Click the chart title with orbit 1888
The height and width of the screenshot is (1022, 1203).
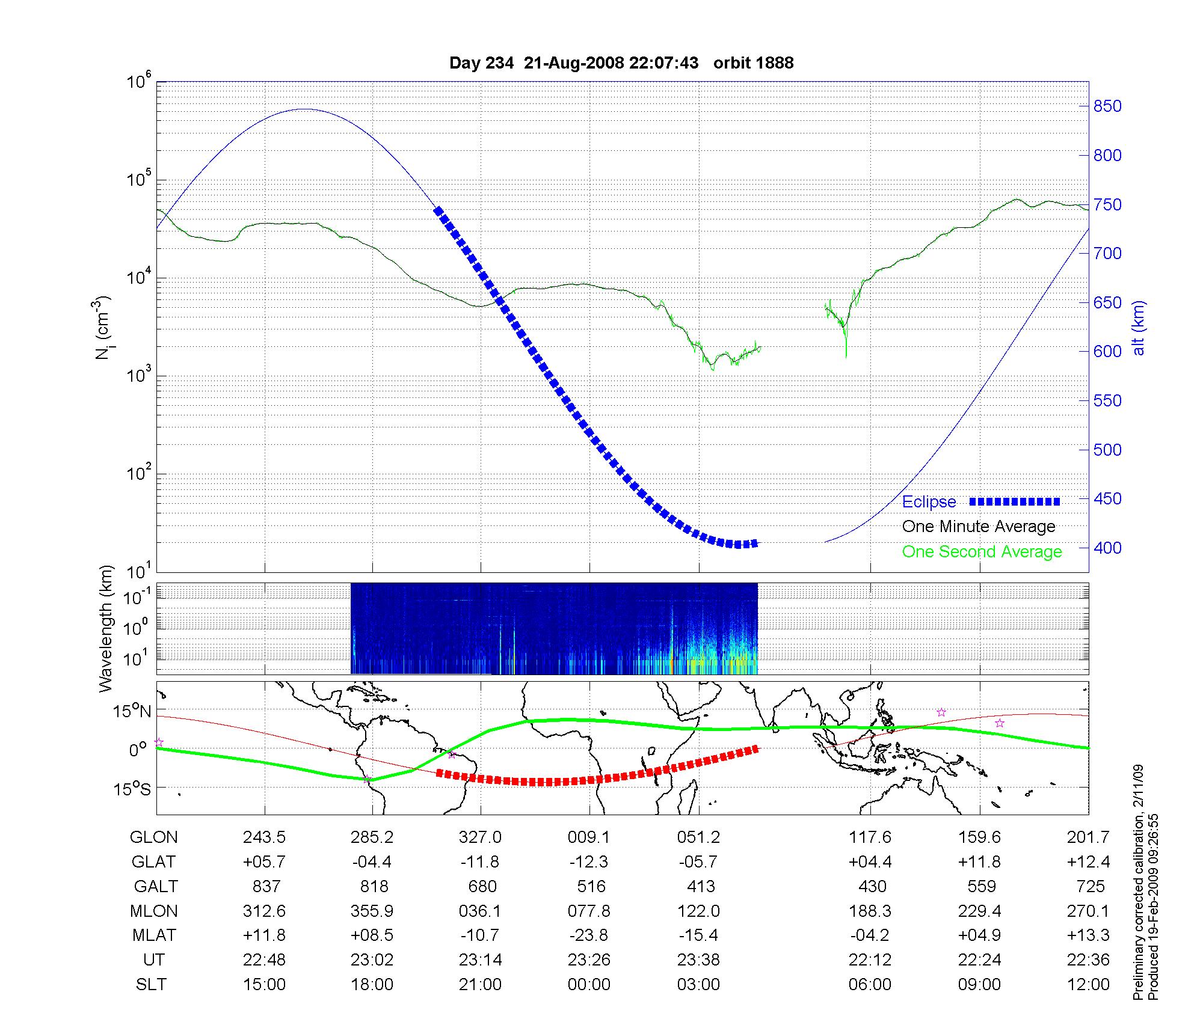pyautogui.click(x=621, y=63)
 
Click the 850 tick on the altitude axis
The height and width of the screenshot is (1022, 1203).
pyautogui.click(x=1107, y=106)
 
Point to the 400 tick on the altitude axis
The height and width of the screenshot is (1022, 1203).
pyautogui.click(x=1107, y=548)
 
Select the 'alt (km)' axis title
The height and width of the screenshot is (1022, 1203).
pyautogui.click(x=1139, y=328)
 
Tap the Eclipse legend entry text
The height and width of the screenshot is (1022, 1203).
pyautogui.click(x=929, y=502)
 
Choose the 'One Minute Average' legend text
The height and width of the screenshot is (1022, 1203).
pyautogui.click(x=979, y=527)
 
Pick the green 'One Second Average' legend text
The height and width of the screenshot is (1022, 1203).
pyautogui.click(x=982, y=552)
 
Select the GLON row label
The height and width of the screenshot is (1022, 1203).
pyautogui.click(x=154, y=837)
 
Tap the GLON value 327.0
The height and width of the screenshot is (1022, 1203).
pyautogui.click(x=480, y=837)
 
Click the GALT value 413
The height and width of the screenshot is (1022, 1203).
pyautogui.click(x=701, y=887)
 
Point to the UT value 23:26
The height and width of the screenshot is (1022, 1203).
pyautogui.click(x=589, y=960)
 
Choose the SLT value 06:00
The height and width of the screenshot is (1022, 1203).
pyautogui.click(x=870, y=985)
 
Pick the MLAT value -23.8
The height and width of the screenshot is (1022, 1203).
pyautogui.click(x=589, y=935)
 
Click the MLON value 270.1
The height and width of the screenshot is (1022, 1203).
pyautogui.click(x=1088, y=911)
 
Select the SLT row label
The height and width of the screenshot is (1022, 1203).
pyautogui.click(x=151, y=985)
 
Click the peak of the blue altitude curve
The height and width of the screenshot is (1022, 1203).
pyautogui.click(x=306, y=109)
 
